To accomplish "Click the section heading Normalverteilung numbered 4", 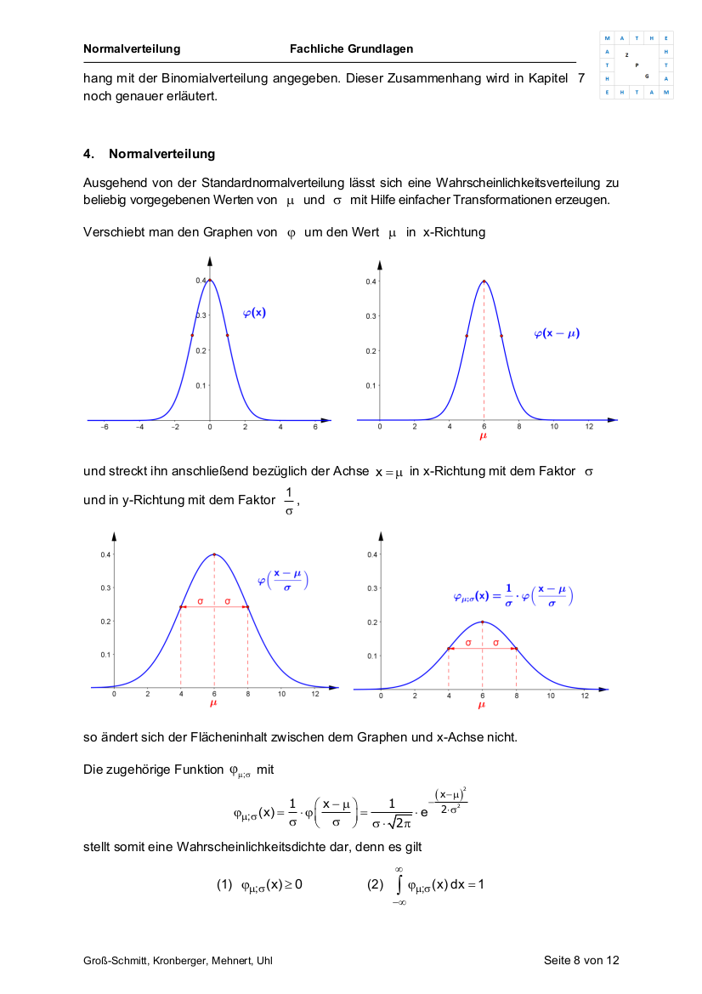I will (x=161, y=154).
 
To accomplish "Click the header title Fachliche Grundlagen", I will (x=351, y=48).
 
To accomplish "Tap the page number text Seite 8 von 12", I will (x=581, y=960).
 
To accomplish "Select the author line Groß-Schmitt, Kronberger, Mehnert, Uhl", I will (x=178, y=960).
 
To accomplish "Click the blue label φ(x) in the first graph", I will (x=254, y=312).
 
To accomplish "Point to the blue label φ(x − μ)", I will (x=557, y=333).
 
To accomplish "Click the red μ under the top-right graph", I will (x=484, y=436).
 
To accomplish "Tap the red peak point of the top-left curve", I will (x=210, y=281).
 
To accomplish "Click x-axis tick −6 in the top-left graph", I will (x=105, y=428).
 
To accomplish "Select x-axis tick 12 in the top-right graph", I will (x=588, y=428).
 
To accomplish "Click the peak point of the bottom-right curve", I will (x=483, y=622).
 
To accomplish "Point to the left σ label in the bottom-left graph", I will (x=200, y=601).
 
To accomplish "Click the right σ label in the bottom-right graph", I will (x=496, y=643).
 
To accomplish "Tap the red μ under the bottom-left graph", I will (x=213, y=703).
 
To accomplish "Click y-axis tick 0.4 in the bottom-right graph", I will (x=371, y=555).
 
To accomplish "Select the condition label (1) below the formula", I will (x=224, y=884).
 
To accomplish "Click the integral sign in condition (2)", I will (x=399, y=884).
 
